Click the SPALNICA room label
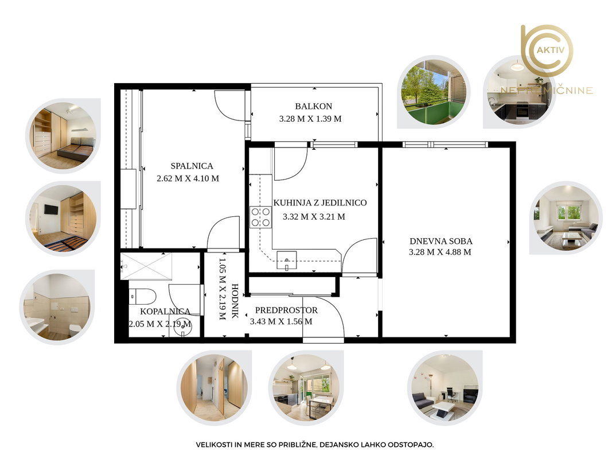(x=192, y=166)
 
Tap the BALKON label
(x=313, y=106)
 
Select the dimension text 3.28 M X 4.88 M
(x=440, y=252)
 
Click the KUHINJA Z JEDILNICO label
(x=319, y=203)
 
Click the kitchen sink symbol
(x=286, y=260)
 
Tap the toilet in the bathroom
(x=142, y=296)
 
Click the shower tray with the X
(x=146, y=266)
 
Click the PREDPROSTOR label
(x=286, y=310)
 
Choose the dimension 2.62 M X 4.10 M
(x=188, y=178)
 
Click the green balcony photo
(x=434, y=92)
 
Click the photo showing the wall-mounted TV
(x=63, y=219)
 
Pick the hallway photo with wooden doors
(x=214, y=388)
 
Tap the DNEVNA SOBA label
(x=441, y=241)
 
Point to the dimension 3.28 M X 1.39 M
(x=310, y=119)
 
